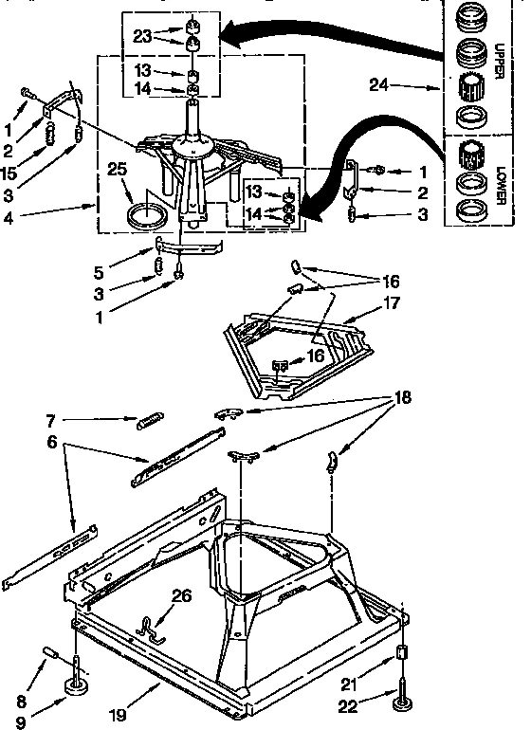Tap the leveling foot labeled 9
click(x=77, y=684)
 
